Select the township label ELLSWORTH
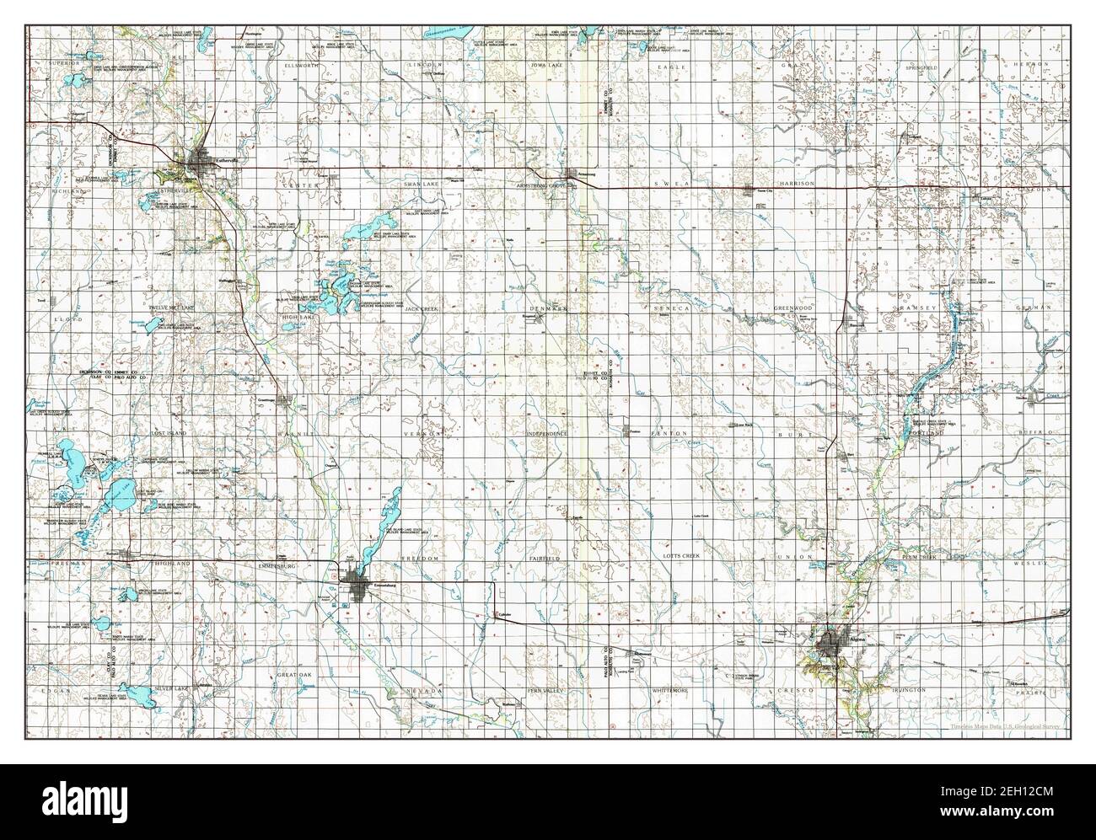(302, 65)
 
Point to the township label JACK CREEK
(422, 309)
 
